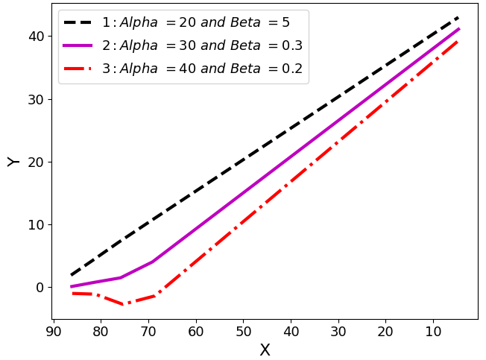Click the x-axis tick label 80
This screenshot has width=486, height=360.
pyautogui.click(x=101, y=330)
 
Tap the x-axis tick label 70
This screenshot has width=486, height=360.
pyautogui.click(x=148, y=330)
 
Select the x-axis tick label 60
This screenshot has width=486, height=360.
pyautogui.click(x=196, y=330)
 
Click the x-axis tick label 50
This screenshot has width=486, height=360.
pyautogui.click(x=243, y=330)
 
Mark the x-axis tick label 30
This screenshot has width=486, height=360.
pyautogui.click(x=338, y=330)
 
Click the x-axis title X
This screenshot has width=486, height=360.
pyautogui.click(x=265, y=350)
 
